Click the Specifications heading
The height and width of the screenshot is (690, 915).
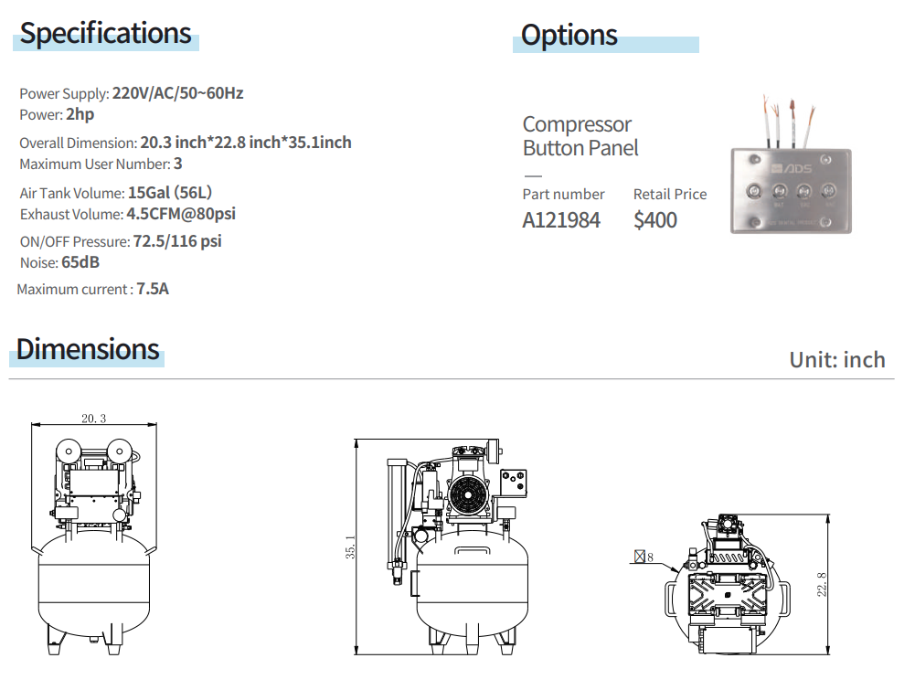(106, 34)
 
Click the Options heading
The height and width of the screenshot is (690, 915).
(569, 36)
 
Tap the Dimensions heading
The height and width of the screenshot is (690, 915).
(88, 349)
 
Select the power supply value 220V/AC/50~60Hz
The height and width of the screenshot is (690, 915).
(177, 93)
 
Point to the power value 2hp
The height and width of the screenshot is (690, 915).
(80, 114)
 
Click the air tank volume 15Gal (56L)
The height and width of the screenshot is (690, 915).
(170, 193)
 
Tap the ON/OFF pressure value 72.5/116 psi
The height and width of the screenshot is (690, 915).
(177, 241)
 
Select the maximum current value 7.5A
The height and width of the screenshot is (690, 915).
(153, 290)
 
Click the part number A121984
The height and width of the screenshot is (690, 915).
(561, 220)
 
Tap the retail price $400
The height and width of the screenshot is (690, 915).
(655, 220)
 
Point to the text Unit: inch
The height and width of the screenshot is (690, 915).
(837, 359)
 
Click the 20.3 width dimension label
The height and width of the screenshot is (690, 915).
(93, 419)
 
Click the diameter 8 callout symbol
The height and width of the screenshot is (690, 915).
(644, 556)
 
